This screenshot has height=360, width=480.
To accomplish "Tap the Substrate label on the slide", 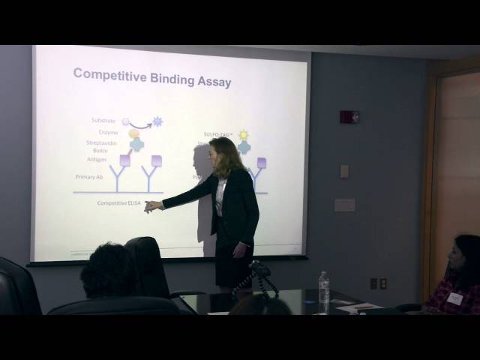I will pyautogui.click(x=103, y=120).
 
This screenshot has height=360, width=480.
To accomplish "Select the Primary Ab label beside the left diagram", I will pyautogui.click(x=89, y=176).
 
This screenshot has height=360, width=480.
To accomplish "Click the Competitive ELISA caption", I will pyautogui.click(x=118, y=203).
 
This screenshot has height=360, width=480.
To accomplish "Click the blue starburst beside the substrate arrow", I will pyautogui.click(x=157, y=121).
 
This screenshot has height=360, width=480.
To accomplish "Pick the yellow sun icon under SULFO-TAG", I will pyautogui.click(x=243, y=135).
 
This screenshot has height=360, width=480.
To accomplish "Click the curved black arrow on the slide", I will pyautogui.click(x=140, y=124).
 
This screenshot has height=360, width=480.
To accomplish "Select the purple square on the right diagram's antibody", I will pyautogui.click(x=261, y=162).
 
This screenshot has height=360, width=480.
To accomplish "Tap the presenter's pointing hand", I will pyautogui.click(x=153, y=205).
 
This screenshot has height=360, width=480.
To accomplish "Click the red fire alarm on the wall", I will pyautogui.click(x=349, y=117).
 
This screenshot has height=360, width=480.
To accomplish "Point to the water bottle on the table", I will pyautogui.click(x=324, y=289).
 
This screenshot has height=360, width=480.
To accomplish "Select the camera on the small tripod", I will pyautogui.click(x=259, y=268).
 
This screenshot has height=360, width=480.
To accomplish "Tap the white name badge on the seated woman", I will pyautogui.click(x=455, y=298).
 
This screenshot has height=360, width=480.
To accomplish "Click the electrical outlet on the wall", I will pyautogui.click(x=373, y=283).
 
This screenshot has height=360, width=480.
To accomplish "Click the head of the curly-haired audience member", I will pyautogui.click(x=109, y=268).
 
